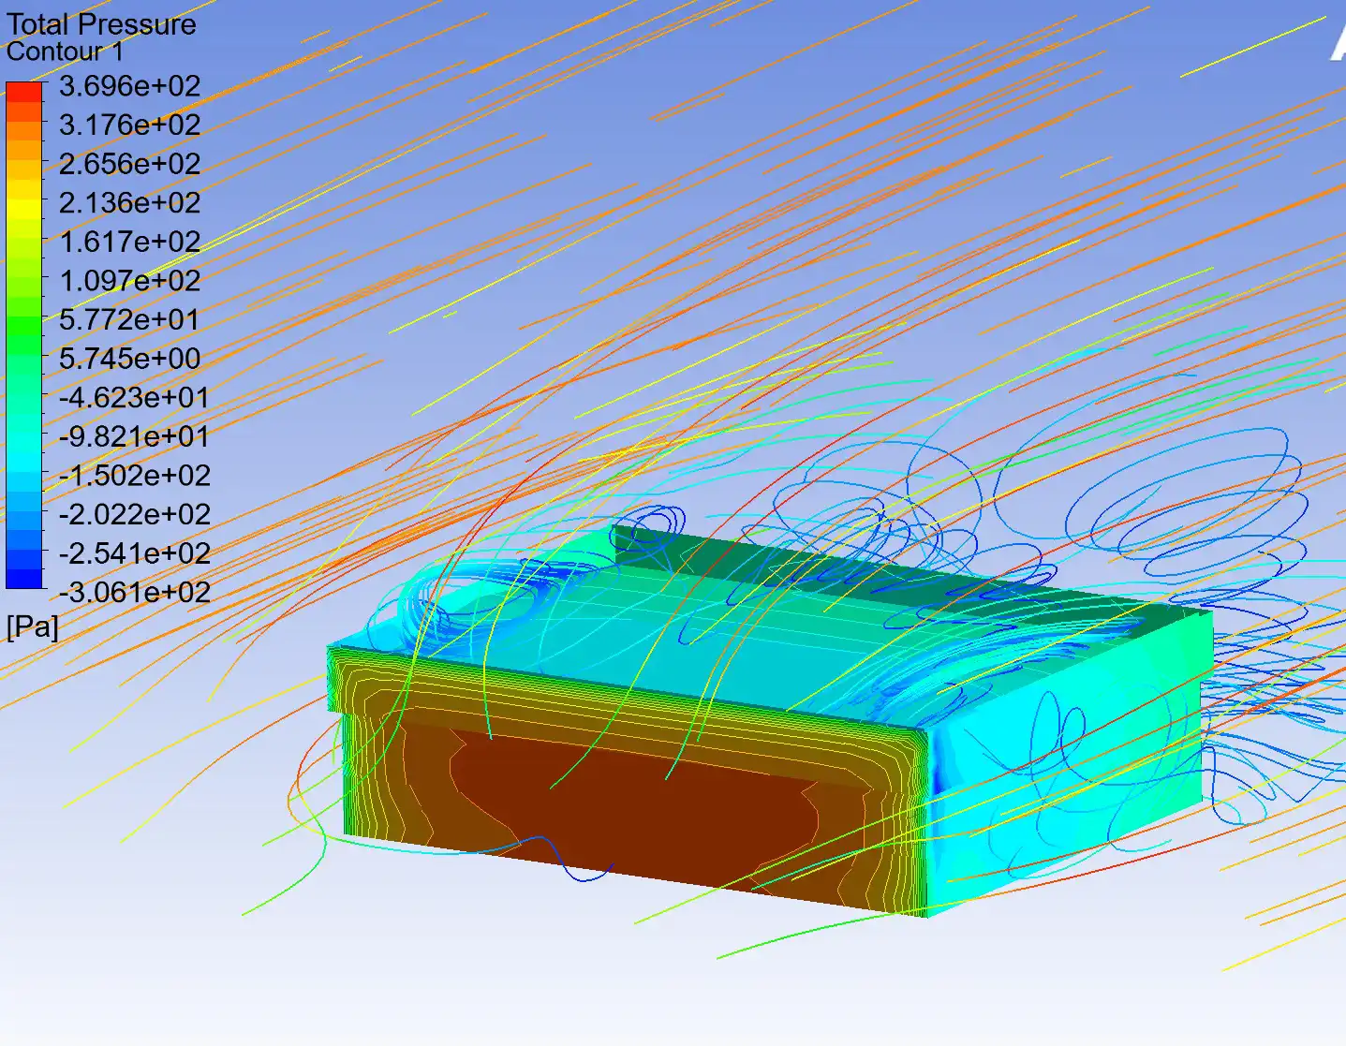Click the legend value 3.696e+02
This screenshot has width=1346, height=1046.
point(129,86)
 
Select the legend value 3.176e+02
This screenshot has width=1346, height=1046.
point(129,125)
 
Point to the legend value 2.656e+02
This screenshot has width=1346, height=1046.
point(129,164)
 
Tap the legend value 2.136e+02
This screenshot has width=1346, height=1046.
point(129,203)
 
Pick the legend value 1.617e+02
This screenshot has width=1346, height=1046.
point(129,242)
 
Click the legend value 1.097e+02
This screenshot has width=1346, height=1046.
point(129,281)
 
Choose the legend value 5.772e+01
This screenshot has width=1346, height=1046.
point(129,319)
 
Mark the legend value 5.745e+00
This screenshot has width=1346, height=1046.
point(129,359)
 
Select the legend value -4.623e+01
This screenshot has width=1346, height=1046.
point(135,398)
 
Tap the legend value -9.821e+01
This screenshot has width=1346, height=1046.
point(135,436)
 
